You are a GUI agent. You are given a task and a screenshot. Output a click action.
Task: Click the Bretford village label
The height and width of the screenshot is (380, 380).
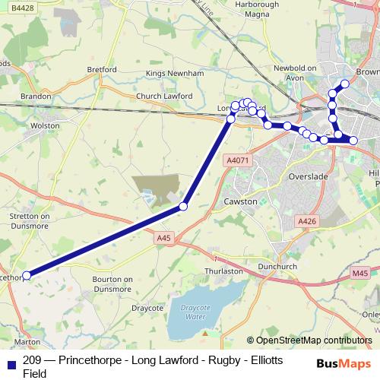pos(101,69)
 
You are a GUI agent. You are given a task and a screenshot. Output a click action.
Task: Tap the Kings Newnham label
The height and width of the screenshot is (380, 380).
pos(176,74)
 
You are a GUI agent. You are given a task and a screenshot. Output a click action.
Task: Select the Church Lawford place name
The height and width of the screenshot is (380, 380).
pos(164,97)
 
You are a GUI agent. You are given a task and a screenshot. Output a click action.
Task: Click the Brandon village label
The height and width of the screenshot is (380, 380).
pos(36,97)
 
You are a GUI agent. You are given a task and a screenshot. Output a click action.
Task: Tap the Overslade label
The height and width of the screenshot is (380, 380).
pos(308,176)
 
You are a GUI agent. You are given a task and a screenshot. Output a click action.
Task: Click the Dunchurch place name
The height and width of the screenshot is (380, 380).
pos(274,267)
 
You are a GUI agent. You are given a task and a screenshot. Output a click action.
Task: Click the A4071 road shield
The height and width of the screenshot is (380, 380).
pos(238,160)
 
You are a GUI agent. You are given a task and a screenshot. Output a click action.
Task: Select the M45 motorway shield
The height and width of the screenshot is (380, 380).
pos(360,274)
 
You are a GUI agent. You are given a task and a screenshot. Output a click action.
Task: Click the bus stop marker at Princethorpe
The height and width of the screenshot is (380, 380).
pos(27,275)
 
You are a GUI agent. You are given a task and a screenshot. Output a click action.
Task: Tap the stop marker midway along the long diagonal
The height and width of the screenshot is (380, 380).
pos(183,206)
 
